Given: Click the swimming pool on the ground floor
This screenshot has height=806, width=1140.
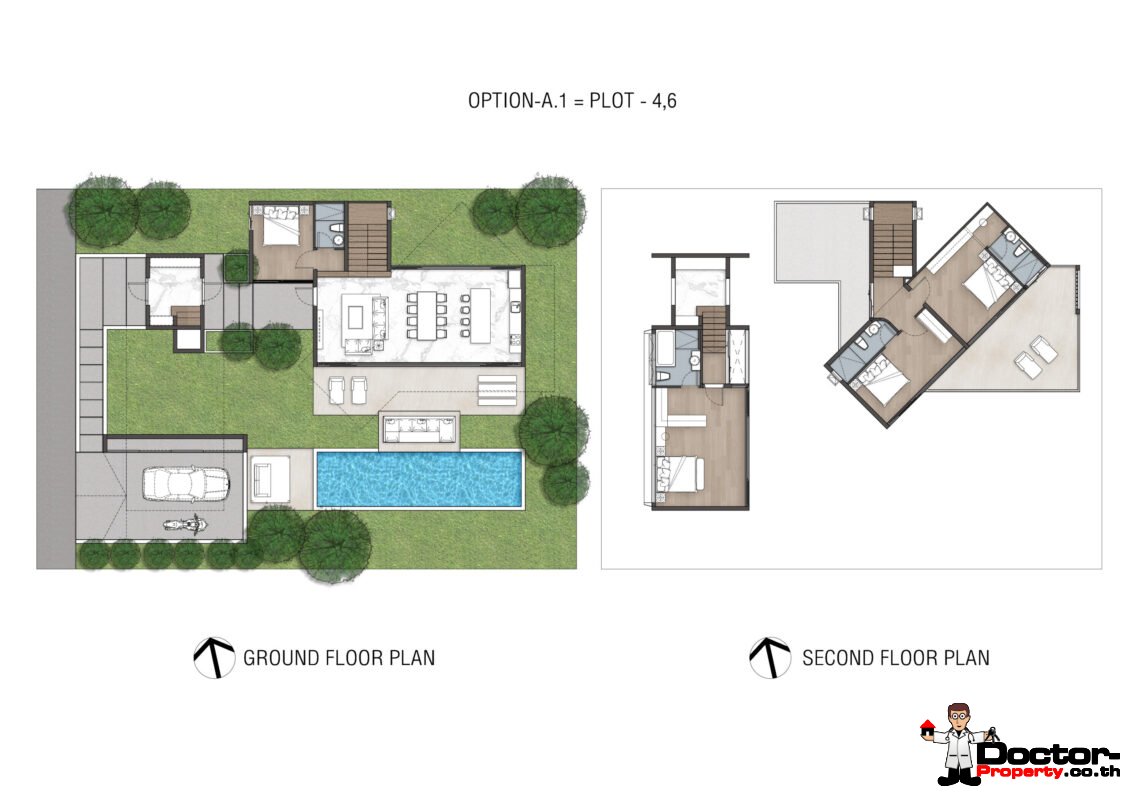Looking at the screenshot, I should point(419,479).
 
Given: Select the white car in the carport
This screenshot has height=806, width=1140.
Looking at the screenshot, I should point(186,483).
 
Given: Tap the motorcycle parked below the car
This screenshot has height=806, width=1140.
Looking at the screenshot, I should point(181,524).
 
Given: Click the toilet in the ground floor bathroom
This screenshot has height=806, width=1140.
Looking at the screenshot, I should point(337,237).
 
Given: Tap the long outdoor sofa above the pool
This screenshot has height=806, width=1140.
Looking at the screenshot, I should point(419,431).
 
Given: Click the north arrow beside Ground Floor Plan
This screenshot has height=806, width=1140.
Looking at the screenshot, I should point(214,657).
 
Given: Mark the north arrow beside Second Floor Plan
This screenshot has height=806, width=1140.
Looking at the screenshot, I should point(769,657).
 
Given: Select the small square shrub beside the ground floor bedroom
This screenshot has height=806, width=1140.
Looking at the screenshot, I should point(236,267).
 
